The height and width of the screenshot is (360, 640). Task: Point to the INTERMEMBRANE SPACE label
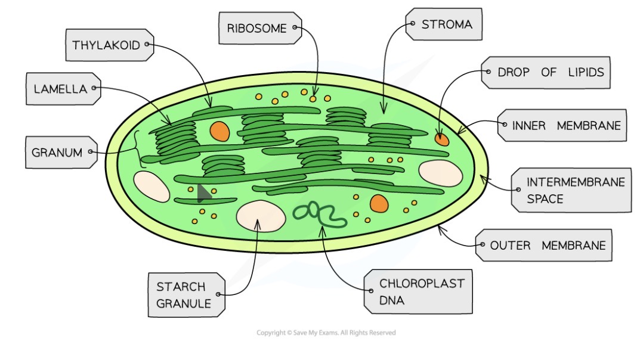click(571, 190)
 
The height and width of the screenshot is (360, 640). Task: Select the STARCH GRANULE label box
click(185, 295)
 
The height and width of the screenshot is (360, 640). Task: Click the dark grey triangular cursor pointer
click(203, 193)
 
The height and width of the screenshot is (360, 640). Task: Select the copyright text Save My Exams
click(326, 333)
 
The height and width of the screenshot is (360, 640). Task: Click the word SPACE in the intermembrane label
click(545, 199)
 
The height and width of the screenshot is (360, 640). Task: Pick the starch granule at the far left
click(152, 186)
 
